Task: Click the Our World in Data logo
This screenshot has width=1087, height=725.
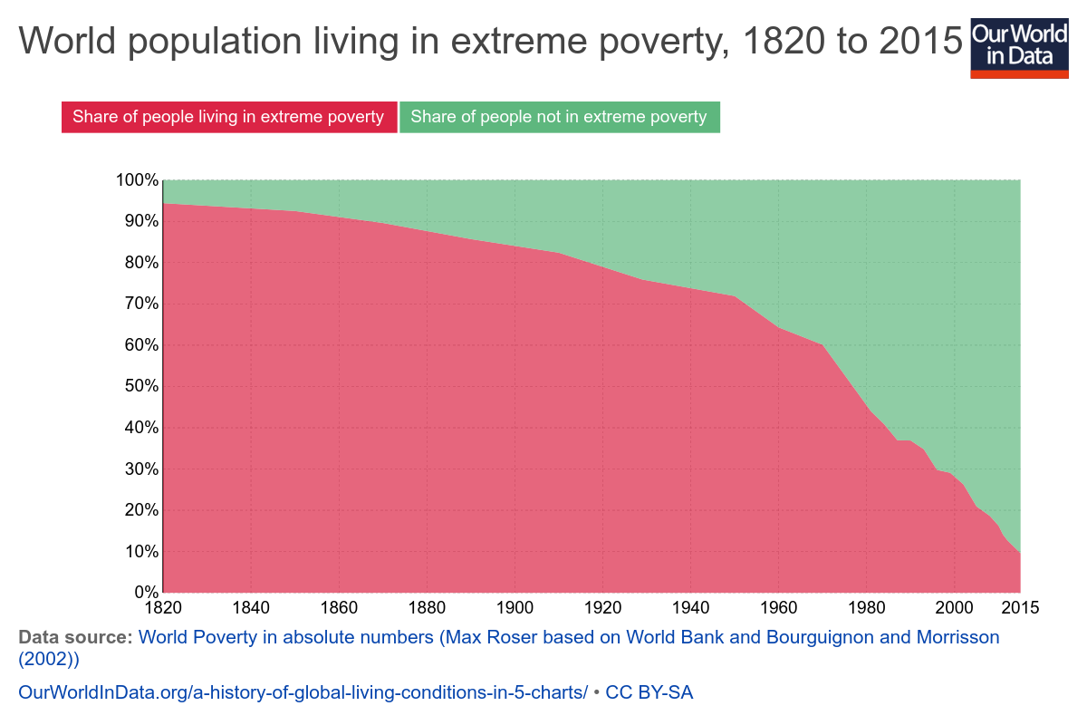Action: click(x=1018, y=47)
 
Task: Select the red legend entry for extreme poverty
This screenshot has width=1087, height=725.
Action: click(x=228, y=117)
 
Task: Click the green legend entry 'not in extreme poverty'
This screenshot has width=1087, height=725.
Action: click(x=558, y=117)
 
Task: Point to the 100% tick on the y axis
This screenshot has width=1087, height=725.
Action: click(x=137, y=180)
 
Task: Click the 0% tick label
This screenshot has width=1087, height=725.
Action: click(x=144, y=593)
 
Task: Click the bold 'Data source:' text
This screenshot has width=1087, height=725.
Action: click(x=75, y=637)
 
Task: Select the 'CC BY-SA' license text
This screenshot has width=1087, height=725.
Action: click(x=649, y=692)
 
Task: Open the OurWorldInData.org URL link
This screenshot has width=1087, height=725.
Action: click(x=303, y=692)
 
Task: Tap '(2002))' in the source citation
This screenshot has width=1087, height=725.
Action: click(x=50, y=659)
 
